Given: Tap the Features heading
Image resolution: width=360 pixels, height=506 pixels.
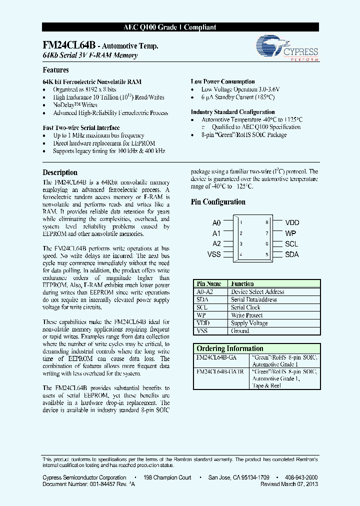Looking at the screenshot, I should pyautogui.click(x=55, y=70).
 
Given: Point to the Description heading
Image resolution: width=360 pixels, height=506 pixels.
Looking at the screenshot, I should pyautogui.click(x=60, y=172).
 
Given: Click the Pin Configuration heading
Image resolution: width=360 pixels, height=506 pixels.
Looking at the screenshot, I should pyautogui.click(x=218, y=202).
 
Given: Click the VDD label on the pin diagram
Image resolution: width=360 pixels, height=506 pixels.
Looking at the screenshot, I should pyautogui.click(x=292, y=223).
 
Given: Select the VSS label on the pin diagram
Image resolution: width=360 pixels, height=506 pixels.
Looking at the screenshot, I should pyautogui.click(x=214, y=254).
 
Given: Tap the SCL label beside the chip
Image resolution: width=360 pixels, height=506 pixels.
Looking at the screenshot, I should pyautogui.click(x=291, y=244).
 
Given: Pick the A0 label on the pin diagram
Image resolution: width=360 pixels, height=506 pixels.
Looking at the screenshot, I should pyautogui.click(x=216, y=223).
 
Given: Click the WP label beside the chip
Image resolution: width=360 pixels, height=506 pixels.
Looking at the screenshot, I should pyautogui.click(x=290, y=233).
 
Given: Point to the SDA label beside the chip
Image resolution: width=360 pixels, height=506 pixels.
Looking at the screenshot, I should pyautogui.click(x=292, y=254).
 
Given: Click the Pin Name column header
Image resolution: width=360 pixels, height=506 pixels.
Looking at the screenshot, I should pyautogui.click(x=209, y=283).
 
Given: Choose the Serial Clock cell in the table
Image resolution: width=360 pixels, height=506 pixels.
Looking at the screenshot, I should pyautogui.click(x=245, y=307).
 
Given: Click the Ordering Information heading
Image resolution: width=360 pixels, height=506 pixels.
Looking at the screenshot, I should pyautogui.click(x=229, y=348).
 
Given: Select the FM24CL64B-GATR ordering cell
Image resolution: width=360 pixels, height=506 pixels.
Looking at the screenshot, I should pyautogui.click(x=213, y=371).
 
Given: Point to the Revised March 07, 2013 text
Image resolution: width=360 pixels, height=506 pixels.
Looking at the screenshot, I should pyautogui.click(x=289, y=484).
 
